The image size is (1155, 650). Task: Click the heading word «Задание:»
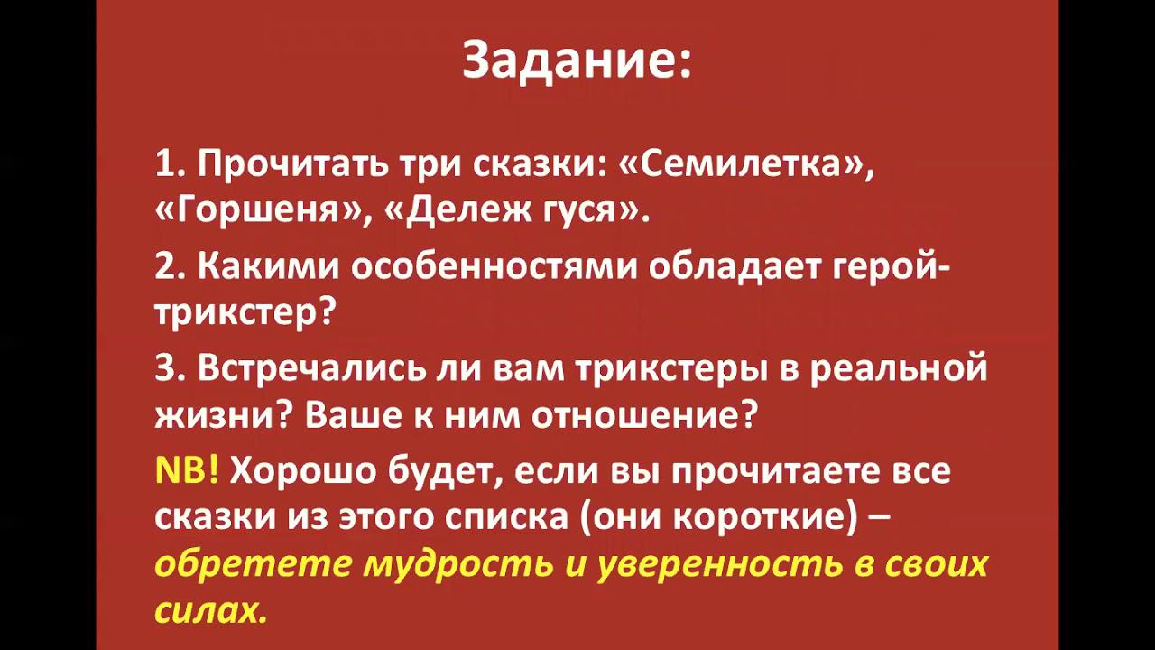click(x=577, y=60)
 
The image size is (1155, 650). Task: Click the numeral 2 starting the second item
click(x=164, y=267)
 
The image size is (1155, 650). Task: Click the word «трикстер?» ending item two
click(x=245, y=312)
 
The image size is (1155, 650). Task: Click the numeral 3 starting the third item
click(x=164, y=368)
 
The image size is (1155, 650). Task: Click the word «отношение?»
click(x=642, y=415)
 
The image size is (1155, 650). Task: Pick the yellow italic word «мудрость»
click(x=458, y=564)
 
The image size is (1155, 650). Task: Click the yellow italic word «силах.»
click(x=211, y=611)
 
